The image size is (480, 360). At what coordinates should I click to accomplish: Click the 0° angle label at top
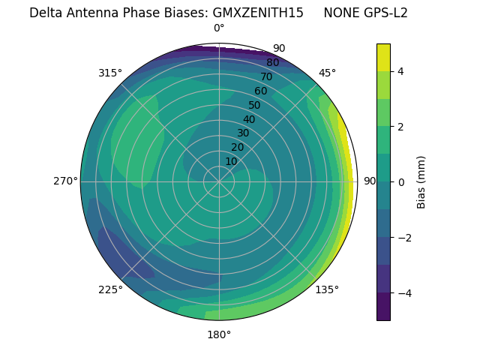click(x=219, y=28)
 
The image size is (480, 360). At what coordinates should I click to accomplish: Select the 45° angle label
click(x=327, y=73)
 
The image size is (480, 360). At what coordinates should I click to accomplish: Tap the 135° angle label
click(x=327, y=289)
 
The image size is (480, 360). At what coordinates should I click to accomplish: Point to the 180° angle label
click(x=219, y=334)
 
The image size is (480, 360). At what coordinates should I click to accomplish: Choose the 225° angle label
click(x=110, y=290)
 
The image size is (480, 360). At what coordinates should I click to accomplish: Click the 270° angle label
click(x=65, y=181)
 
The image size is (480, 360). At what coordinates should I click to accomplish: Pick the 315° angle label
click(x=110, y=73)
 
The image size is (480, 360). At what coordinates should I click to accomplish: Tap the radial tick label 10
click(x=231, y=161)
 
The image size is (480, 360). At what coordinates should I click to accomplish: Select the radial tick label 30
click(x=243, y=133)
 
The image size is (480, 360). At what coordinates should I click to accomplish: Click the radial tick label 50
click(x=255, y=106)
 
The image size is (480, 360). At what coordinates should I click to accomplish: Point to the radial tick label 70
click(x=266, y=77)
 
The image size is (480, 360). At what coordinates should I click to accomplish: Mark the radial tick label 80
click(x=272, y=63)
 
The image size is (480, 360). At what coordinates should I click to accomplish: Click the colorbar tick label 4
click(x=400, y=71)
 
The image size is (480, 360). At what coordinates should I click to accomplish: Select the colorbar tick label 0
click(x=400, y=181)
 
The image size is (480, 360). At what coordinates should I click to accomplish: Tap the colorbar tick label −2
click(x=403, y=238)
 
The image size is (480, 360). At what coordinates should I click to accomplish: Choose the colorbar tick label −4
click(x=403, y=293)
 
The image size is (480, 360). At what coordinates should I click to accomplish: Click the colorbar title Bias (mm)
click(x=421, y=181)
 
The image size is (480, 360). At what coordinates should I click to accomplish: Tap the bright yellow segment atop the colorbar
click(x=383, y=57)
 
